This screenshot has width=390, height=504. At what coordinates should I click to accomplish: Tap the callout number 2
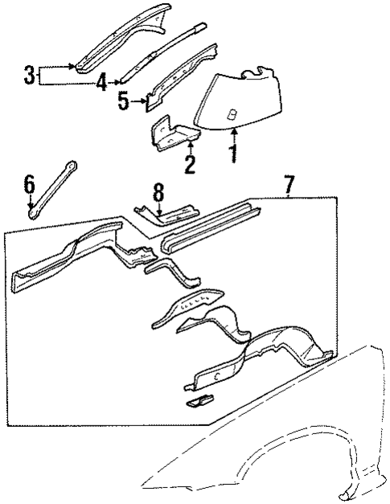coord(190,166)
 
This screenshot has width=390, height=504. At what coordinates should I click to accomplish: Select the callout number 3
coord(29,76)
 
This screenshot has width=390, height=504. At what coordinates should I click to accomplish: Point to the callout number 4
coord(101,83)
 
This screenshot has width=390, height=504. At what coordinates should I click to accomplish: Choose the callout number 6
coord(29,187)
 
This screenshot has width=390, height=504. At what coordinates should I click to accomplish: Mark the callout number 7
coord(287,186)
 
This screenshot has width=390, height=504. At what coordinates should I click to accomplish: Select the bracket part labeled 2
coord(167,133)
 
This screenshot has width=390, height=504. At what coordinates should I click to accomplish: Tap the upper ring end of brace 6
coord(72,165)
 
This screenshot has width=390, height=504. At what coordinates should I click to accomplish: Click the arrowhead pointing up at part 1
coord(233,128)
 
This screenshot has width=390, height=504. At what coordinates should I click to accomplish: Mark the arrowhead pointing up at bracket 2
coord(190,145)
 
